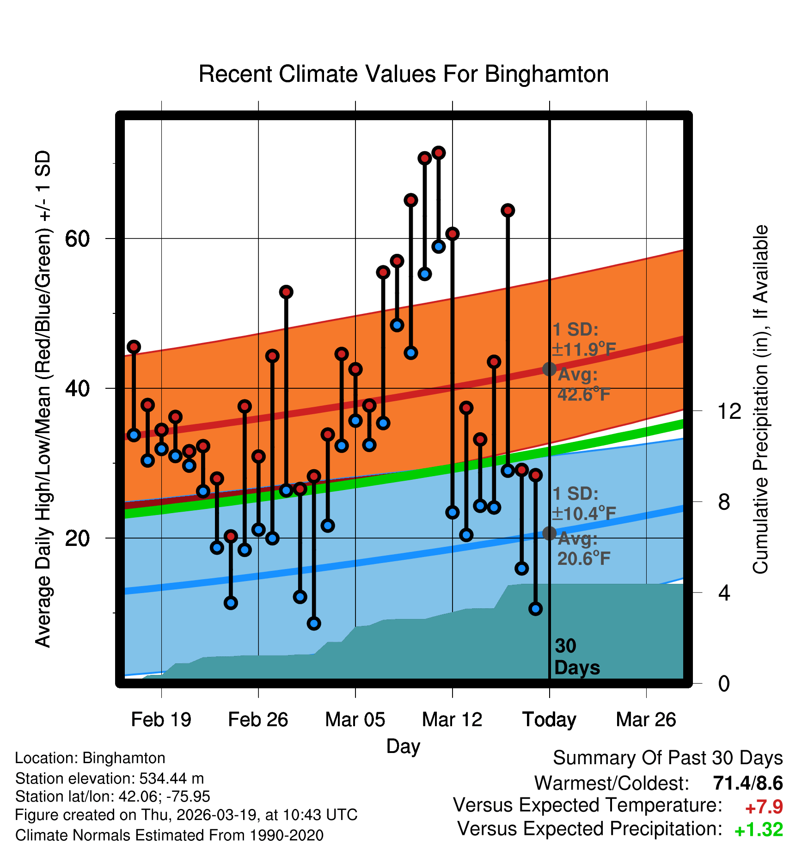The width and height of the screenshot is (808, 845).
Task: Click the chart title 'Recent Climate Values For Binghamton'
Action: (404, 74)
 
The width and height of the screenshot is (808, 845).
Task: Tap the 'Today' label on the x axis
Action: (549, 720)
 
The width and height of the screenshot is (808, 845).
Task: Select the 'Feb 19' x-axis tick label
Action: (161, 720)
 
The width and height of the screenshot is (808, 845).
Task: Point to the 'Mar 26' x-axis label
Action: (646, 720)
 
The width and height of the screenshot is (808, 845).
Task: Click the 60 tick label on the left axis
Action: (77, 239)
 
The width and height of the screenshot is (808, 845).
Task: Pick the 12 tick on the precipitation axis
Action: (730, 411)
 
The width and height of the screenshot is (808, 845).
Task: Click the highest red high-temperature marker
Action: (439, 153)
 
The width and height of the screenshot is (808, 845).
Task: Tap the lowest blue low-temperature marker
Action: (314, 624)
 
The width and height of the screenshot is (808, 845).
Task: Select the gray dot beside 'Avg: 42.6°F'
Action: (549, 369)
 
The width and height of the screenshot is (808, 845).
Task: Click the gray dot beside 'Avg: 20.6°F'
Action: (549, 533)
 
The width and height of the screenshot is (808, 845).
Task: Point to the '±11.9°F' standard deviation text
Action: (584, 349)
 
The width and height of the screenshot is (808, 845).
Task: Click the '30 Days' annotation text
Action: (576, 657)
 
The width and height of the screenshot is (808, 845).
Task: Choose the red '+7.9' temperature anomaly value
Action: (764, 807)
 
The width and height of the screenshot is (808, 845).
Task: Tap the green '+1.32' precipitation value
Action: (759, 830)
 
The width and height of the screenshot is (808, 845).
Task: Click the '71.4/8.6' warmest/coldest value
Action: (748, 783)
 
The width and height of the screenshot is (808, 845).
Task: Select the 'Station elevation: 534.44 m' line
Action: (110, 778)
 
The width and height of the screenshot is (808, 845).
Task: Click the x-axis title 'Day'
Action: (403, 746)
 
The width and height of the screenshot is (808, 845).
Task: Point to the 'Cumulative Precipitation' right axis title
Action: (760, 399)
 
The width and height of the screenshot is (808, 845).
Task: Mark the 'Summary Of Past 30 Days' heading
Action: (667, 758)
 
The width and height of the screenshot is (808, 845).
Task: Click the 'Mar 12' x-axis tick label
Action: (452, 720)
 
